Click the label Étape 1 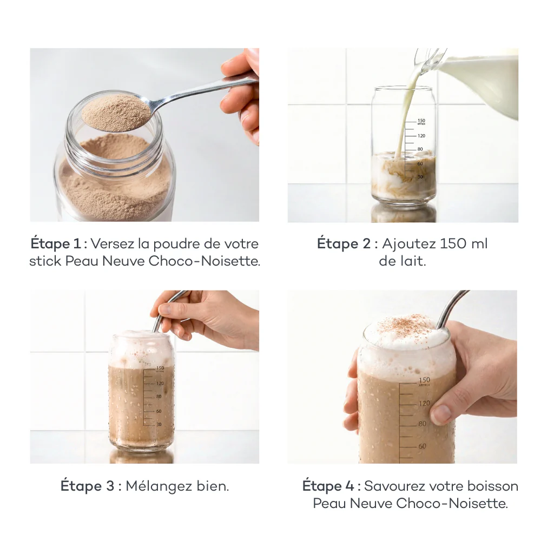point(52,243)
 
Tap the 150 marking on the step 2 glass point(421,121)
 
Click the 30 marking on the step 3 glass point(159,424)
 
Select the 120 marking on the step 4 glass point(424,404)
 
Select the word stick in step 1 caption point(45,261)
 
